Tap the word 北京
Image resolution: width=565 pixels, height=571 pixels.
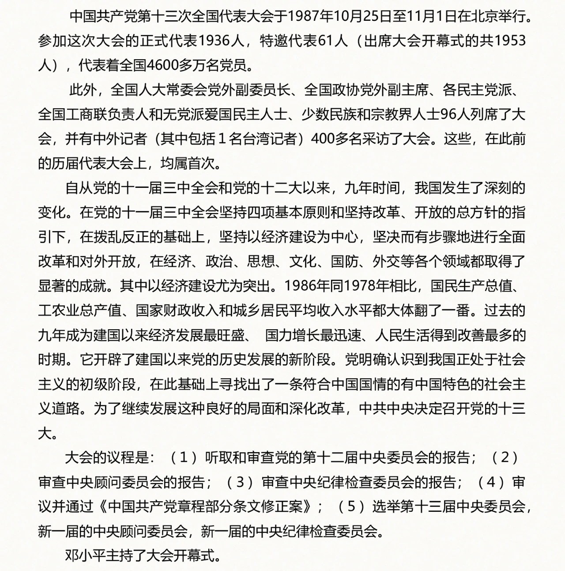pos(485,17)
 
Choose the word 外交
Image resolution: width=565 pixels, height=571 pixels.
pos(387,262)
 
